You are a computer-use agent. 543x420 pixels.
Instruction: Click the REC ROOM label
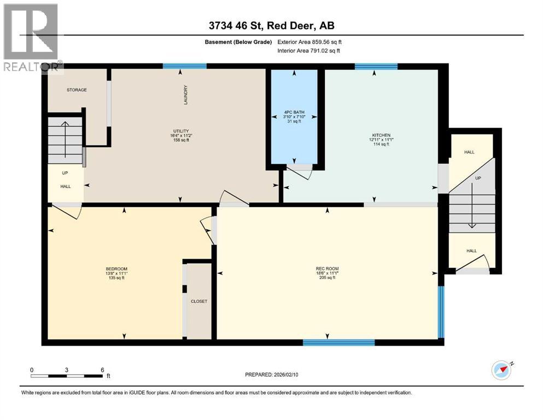pos(327,269)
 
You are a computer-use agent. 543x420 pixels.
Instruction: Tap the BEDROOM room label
pos(116,269)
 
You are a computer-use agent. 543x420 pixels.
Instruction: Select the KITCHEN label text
pos(381,135)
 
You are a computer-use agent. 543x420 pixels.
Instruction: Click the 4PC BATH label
pos(294,112)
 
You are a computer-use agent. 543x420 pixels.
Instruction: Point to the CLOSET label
pos(199,301)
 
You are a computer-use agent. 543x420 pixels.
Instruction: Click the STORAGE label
pos(77,90)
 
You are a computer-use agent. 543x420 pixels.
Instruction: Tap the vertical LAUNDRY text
pos(186,95)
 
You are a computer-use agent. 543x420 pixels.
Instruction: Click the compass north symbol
pos(501,370)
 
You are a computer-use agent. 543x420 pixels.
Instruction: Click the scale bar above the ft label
pos(67,376)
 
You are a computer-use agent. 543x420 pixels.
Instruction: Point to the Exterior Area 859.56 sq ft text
pos(310,42)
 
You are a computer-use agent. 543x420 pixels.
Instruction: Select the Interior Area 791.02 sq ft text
pos(310,50)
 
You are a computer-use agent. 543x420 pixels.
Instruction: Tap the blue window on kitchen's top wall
pos(376,67)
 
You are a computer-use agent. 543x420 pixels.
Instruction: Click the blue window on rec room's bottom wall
pos(338,342)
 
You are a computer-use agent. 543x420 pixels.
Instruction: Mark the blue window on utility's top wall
pos(184,66)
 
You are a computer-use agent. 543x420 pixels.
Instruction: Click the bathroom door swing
pos(299,172)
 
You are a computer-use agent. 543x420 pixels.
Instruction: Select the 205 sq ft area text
pos(327,278)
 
